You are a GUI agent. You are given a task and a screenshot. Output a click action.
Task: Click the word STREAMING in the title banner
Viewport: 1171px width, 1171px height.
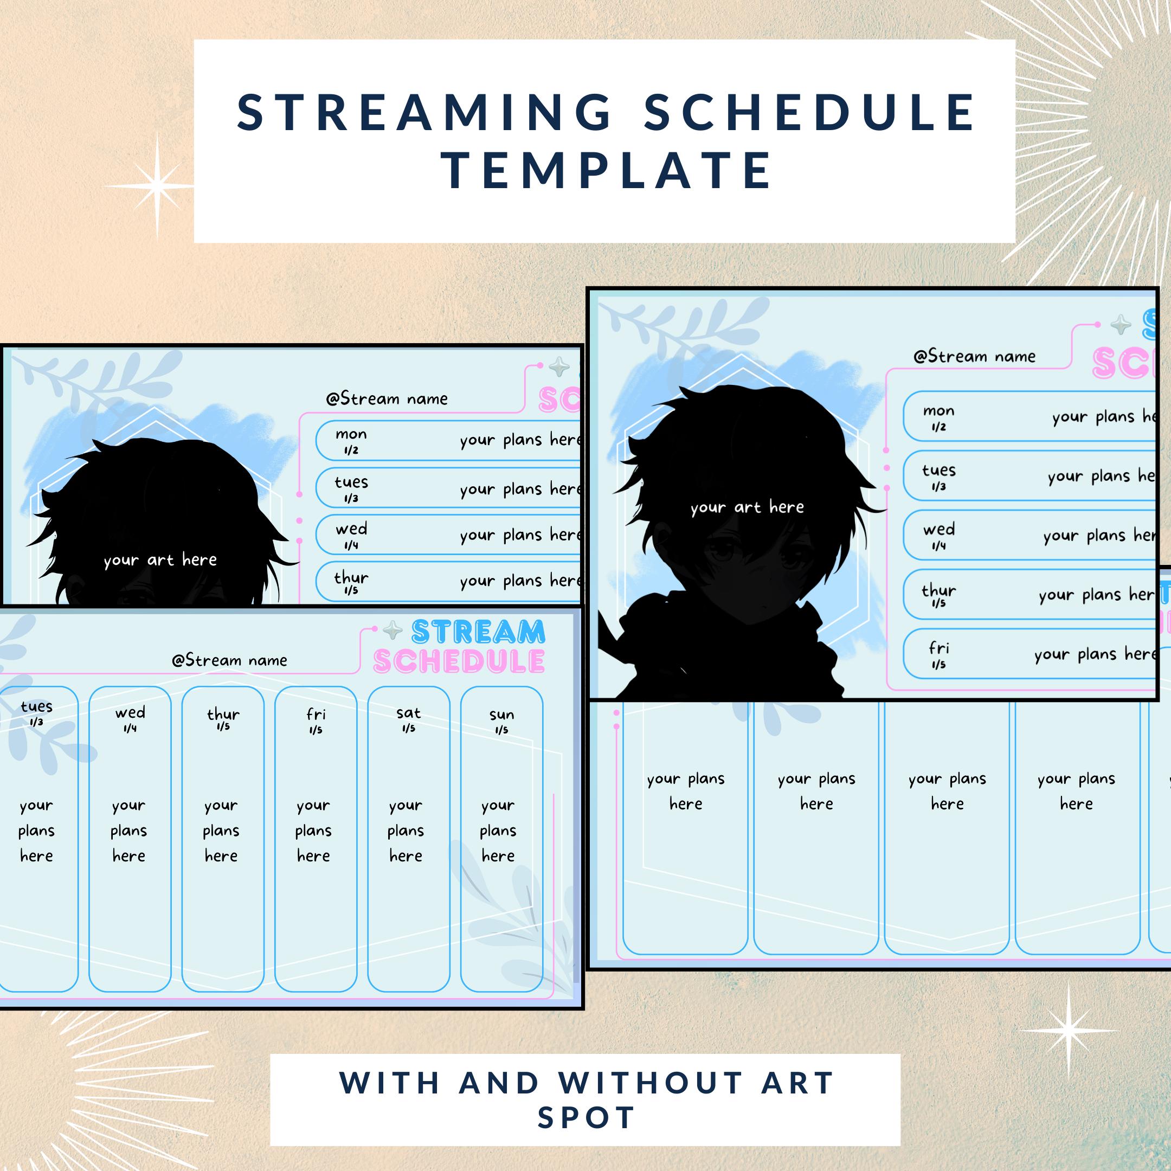point(424,113)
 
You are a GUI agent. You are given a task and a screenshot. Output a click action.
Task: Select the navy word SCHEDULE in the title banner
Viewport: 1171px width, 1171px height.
point(809,113)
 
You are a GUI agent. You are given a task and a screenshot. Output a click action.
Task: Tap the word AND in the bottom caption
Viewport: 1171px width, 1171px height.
point(499,1083)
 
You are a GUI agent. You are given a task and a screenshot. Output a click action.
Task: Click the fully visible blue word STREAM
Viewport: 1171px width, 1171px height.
point(478,633)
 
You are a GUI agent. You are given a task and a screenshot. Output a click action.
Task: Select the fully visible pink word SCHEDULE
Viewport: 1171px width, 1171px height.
point(459,662)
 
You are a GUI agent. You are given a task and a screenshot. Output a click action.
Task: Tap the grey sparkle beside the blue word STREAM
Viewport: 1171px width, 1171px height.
point(393,632)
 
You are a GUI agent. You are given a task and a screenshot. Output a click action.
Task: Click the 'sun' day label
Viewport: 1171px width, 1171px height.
point(501,715)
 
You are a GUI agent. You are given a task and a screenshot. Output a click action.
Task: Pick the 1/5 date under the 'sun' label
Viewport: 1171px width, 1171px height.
point(501,730)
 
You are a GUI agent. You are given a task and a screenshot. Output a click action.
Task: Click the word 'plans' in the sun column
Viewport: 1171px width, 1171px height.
point(498,831)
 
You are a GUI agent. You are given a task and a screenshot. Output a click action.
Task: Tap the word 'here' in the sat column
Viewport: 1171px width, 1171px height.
point(406,856)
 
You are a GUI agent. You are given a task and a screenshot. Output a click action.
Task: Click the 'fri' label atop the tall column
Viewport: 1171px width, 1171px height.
point(316,715)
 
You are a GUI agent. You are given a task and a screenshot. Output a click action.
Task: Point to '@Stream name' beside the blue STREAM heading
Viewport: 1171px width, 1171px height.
point(229,661)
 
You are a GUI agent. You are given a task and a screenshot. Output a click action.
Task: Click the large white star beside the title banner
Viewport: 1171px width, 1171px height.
point(157,185)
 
